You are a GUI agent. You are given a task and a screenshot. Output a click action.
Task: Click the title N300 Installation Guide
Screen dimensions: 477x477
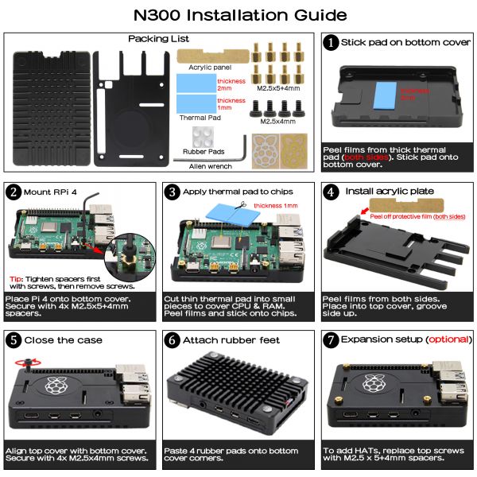[238, 14]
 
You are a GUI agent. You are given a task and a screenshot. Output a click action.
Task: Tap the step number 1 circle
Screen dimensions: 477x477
[330, 43]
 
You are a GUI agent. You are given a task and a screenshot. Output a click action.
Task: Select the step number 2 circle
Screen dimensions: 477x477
[14, 192]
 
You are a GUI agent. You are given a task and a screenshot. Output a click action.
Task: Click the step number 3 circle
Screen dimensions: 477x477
[171, 192]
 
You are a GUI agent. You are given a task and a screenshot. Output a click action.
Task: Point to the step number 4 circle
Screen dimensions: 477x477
[330, 192]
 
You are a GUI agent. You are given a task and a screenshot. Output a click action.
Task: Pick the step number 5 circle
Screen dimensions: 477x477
[14, 340]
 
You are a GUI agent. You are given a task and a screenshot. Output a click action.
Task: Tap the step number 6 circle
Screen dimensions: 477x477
[171, 340]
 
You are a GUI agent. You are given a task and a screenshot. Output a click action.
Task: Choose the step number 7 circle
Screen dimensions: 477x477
[330, 340]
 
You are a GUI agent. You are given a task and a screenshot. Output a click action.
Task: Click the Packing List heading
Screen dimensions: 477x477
[158, 38]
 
